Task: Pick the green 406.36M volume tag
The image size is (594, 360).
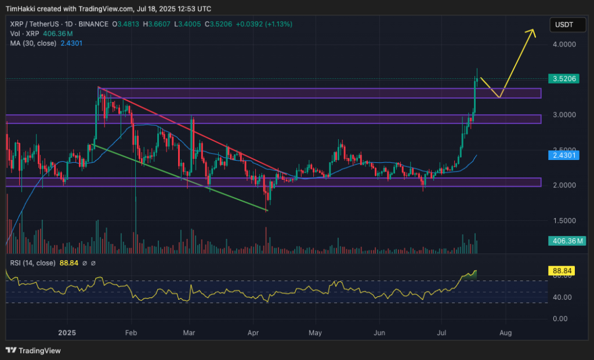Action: point(564,241)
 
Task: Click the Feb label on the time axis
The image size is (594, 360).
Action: point(131,334)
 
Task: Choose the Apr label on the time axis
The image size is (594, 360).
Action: point(253,334)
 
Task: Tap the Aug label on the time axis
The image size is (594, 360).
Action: point(505,334)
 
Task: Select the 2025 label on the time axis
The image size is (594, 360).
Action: point(67,334)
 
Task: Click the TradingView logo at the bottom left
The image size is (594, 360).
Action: point(33,350)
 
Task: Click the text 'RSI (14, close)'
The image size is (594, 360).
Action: point(32,263)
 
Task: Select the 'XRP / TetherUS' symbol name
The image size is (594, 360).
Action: point(34,24)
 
